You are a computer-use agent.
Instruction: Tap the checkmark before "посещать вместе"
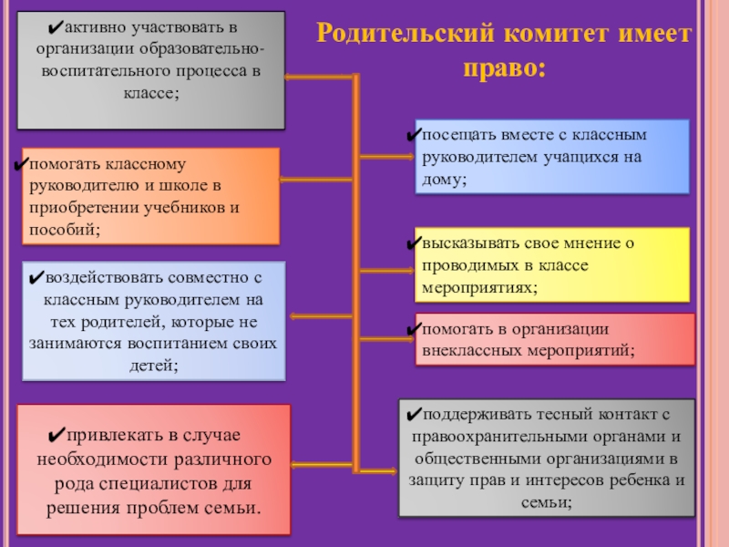(x=414, y=136)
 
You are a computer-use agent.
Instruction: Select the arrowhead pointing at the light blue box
(x=294, y=316)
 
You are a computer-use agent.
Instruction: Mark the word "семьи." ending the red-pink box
(x=233, y=505)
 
